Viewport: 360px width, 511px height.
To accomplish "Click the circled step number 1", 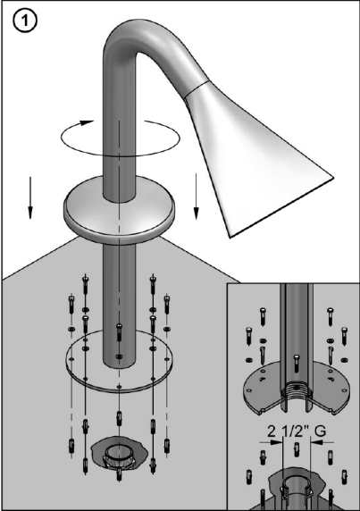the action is [25, 21].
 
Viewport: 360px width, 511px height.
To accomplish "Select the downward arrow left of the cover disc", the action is [30, 197].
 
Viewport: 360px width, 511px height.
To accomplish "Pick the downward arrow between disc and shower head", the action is [197, 197].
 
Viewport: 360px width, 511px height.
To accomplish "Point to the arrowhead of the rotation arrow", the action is [87, 123].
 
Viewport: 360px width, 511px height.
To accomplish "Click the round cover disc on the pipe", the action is [119, 208].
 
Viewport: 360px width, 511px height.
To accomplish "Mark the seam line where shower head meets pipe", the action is [195, 88].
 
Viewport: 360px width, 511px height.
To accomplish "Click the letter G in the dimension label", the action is [320, 431].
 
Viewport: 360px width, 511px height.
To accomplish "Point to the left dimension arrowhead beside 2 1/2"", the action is [277, 442].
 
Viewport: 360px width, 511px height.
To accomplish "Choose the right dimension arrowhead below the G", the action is [316, 442].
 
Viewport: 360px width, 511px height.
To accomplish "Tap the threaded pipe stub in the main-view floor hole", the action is [119, 454].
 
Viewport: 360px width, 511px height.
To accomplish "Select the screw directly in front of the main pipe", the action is [119, 331].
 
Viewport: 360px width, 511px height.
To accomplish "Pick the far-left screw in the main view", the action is [71, 305].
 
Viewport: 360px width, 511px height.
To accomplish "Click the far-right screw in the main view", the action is [167, 305].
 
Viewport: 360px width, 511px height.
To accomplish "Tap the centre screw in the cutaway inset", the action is [296, 364].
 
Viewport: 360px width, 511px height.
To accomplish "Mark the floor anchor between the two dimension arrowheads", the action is [297, 449].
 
